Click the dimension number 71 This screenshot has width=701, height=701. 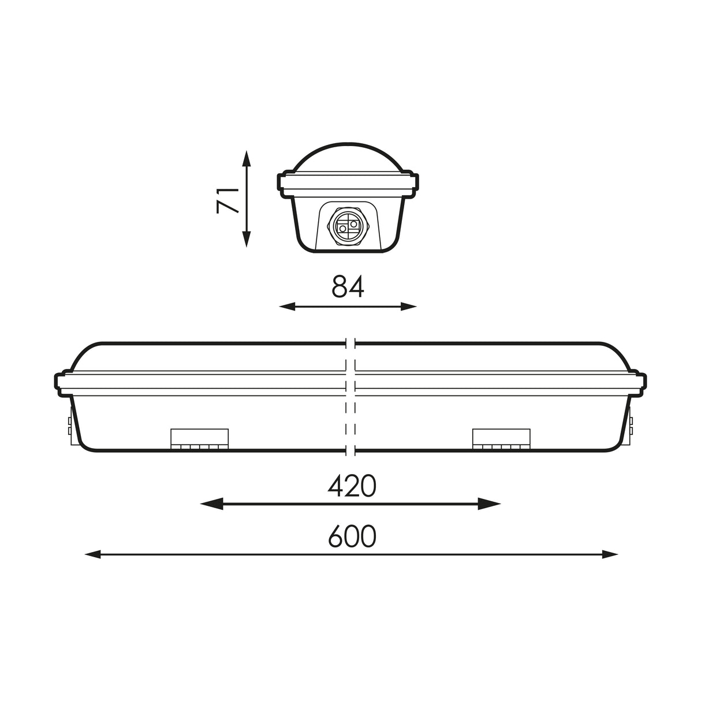228,200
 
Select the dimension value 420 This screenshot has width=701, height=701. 352,486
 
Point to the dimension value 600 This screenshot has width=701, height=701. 352,536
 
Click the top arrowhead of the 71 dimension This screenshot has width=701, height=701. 247,156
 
